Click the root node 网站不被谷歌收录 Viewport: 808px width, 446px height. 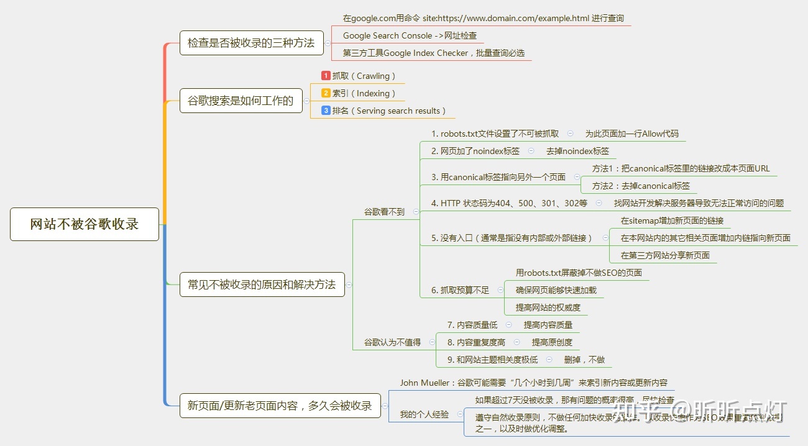(x=85, y=224)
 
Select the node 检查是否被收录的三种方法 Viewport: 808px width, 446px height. (x=251, y=43)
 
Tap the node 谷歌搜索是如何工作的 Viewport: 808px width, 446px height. (x=241, y=101)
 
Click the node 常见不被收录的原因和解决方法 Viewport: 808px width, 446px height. (x=262, y=284)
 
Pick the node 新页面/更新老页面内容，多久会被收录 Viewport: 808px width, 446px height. (x=280, y=406)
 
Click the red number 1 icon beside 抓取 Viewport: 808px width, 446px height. (x=326, y=76)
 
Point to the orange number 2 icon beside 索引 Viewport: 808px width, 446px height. (x=326, y=93)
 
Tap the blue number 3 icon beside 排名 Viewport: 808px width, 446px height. (x=326, y=111)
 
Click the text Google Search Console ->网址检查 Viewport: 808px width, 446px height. (x=410, y=35)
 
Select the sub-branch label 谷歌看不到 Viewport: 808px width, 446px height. (x=384, y=212)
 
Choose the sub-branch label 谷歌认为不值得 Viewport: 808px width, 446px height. (x=392, y=342)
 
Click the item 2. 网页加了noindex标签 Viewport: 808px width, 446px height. (x=475, y=151)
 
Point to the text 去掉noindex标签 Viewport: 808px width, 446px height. (x=577, y=151)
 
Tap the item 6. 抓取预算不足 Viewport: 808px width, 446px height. (x=460, y=290)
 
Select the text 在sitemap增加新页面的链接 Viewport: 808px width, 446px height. (x=672, y=221)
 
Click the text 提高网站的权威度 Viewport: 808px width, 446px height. (x=548, y=307)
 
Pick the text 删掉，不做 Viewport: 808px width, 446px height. (x=584, y=360)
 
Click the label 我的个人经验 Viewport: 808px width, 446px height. (x=424, y=414)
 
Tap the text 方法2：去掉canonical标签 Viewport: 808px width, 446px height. (x=641, y=186)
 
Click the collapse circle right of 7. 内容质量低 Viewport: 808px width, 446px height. (x=508, y=325)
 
